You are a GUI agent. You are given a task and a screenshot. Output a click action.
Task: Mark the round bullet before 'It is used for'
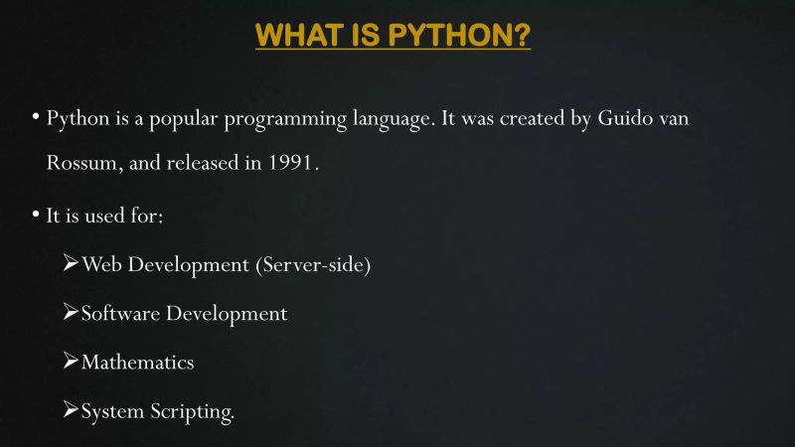point(36,213)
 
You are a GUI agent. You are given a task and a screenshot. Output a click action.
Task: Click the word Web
point(102,265)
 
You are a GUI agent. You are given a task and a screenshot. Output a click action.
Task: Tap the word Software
point(120,314)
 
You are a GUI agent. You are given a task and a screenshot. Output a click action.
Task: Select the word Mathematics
point(137,363)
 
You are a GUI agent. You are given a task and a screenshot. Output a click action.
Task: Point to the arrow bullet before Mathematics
point(70,361)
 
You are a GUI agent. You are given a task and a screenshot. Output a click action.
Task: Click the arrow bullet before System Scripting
point(70,409)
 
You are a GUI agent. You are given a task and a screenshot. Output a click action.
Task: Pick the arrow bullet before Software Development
point(70,312)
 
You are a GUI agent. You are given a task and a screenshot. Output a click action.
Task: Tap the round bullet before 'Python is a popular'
point(36,117)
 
